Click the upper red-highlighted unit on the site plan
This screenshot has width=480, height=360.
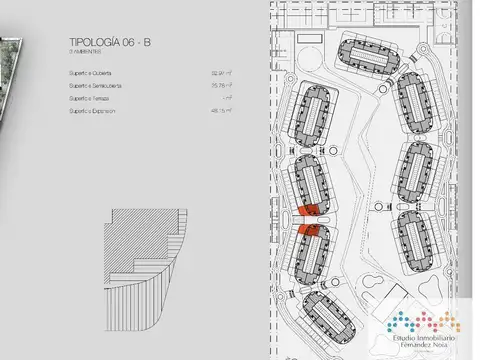(310, 210)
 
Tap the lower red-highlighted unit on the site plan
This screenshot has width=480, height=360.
(309, 230)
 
